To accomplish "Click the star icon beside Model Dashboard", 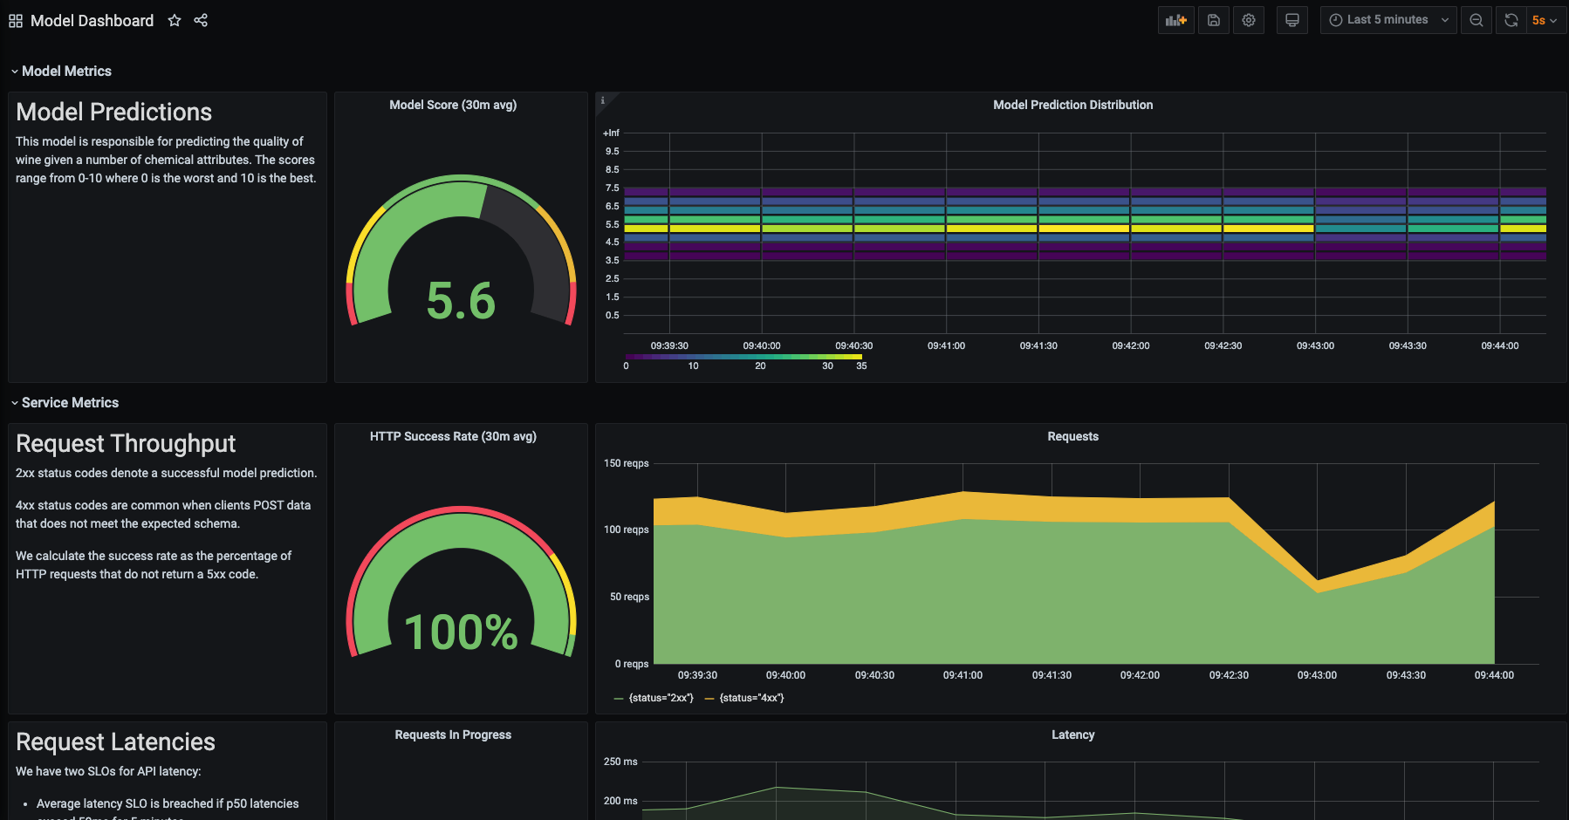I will (175, 20).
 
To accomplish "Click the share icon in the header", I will (201, 20).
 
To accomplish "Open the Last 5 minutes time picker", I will (1387, 20).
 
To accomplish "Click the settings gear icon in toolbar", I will (1249, 20).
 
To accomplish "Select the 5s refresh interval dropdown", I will (1544, 20).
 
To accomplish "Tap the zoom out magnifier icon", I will (1477, 20).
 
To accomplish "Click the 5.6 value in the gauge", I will (461, 301).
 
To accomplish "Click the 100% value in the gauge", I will (461, 632).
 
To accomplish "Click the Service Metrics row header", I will (70, 403).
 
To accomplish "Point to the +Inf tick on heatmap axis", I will (611, 133).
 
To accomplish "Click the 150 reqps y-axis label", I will (626, 463).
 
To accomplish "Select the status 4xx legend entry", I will (750, 698).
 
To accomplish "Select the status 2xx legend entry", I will (661, 698).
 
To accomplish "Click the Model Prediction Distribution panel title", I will (1072, 105).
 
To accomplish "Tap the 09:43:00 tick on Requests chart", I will (1317, 675).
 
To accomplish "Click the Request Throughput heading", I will (126, 444).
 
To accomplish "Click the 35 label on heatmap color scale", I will (861, 366).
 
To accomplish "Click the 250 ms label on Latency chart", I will (620, 762).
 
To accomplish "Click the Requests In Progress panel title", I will (453, 735).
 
